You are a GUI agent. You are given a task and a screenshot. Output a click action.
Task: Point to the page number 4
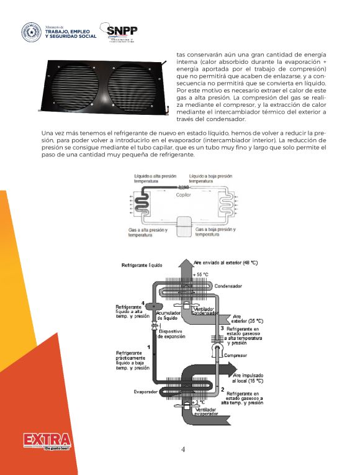(x=182, y=450)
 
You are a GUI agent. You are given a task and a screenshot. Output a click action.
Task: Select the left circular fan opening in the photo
(x=79, y=86)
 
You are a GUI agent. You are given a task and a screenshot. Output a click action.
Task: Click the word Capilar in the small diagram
(x=184, y=194)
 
